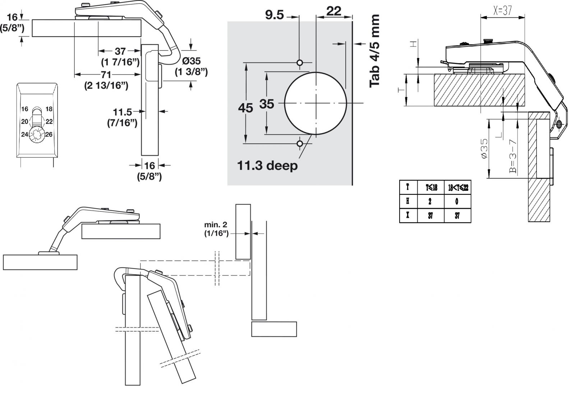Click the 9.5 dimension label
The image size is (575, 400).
point(275,15)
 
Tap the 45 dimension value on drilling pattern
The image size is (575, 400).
point(245,108)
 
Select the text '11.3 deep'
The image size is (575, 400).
point(267,165)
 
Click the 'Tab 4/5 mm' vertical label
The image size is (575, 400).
point(374,51)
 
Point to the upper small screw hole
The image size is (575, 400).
point(300,63)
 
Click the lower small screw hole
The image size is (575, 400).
point(300,144)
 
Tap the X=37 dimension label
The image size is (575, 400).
point(502,10)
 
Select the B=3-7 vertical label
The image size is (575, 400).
point(512,156)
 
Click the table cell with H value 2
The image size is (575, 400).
point(431,201)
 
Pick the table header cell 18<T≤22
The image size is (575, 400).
point(458,188)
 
